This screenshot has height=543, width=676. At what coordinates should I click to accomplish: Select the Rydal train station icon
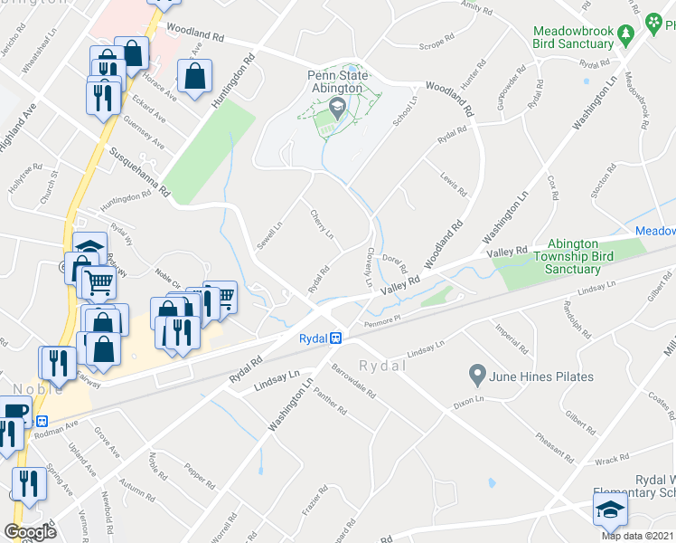coord(334,338)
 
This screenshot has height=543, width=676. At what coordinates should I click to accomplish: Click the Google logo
coord(30,532)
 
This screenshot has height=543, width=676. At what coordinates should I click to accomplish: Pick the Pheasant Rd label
coord(553,442)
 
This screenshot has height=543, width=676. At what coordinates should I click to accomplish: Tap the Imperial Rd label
coord(511,338)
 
